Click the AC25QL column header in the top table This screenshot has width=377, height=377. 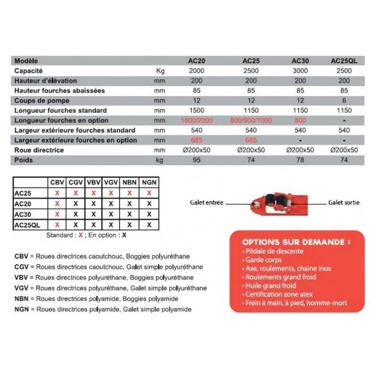click(x=344, y=61)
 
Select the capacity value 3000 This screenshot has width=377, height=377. click(x=300, y=71)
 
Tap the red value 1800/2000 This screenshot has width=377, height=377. click(x=197, y=120)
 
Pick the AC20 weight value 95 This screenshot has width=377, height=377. click(x=197, y=160)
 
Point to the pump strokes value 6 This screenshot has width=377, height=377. click(x=344, y=100)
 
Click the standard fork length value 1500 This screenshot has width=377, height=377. click(x=197, y=110)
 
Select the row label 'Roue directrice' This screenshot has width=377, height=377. click(x=39, y=150)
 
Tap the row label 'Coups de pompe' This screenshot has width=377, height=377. click(x=42, y=100)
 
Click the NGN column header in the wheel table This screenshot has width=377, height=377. click(x=149, y=182)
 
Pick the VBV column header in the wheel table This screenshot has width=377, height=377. click(x=94, y=182)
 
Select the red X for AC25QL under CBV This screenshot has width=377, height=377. click(x=57, y=225)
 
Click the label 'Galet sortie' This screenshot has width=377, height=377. click(x=344, y=203)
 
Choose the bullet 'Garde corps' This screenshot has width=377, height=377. click(x=263, y=260)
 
